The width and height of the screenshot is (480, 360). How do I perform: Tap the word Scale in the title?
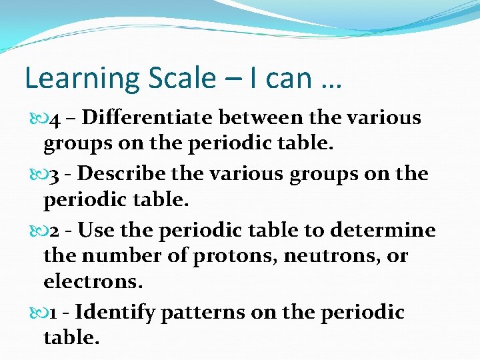click(179, 79)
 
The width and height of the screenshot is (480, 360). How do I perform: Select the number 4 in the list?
click(57, 119)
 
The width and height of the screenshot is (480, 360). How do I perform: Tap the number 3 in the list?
click(57, 175)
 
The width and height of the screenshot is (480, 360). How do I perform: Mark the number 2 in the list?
click(57, 231)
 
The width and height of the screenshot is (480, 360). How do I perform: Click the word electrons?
click(93, 282)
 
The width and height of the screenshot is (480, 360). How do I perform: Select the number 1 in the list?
click(55, 313)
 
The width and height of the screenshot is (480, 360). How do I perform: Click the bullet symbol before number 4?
click(36, 119)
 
